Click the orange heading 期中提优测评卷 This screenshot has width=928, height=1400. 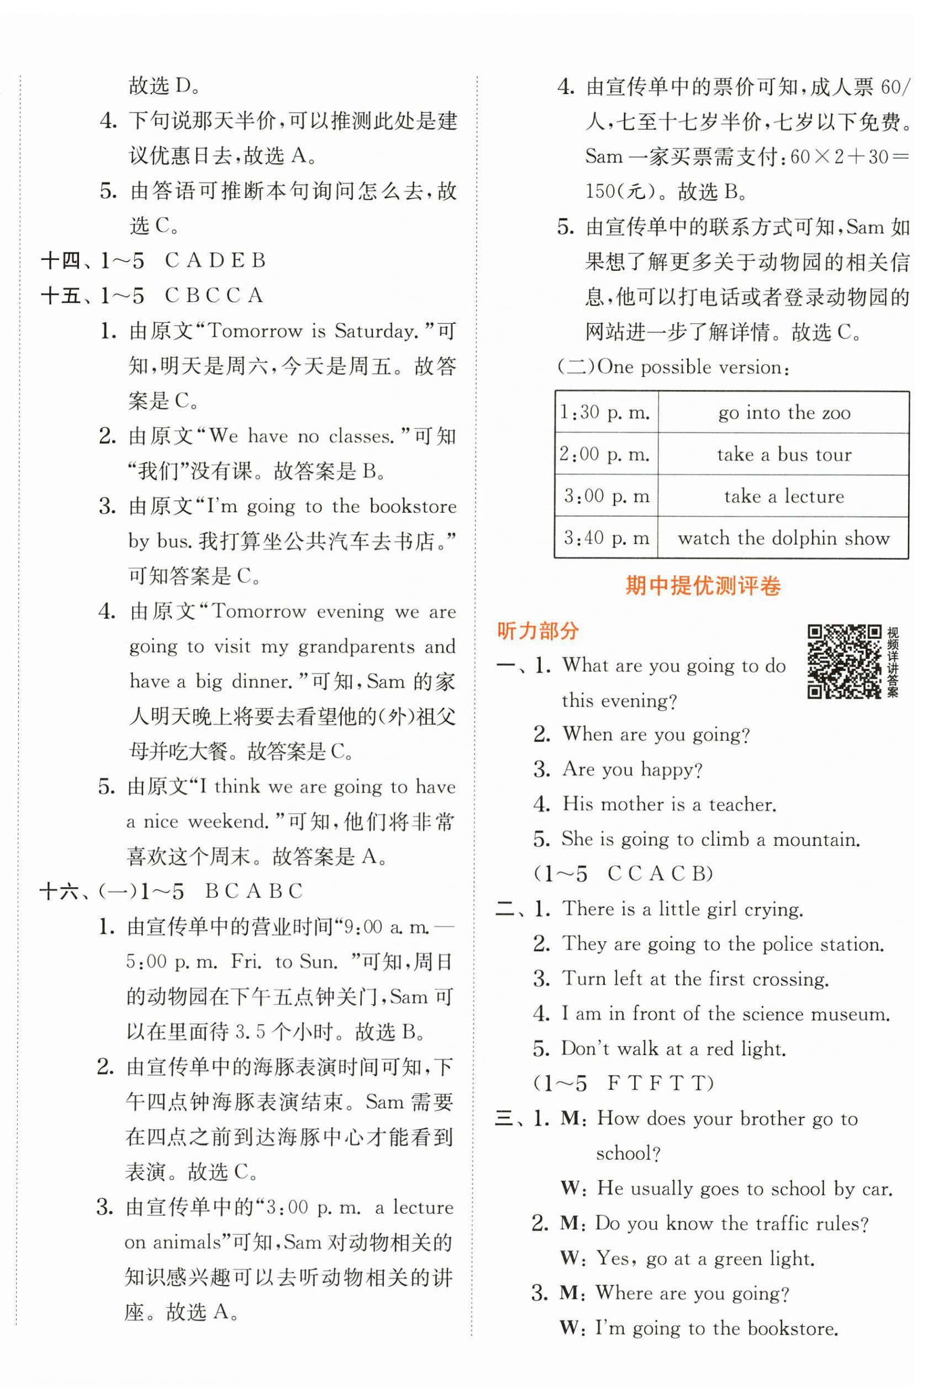[x=703, y=586]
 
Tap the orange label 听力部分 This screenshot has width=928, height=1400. [x=537, y=631]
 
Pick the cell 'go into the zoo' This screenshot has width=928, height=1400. [x=784, y=412]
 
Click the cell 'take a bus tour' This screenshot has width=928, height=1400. [x=784, y=454]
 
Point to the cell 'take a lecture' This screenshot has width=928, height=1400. [x=784, y=496]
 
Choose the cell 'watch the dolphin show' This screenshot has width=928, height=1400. [x=784, y=538]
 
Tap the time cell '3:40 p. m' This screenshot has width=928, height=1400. [x=606, y=538]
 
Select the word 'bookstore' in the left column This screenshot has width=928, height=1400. [x=413, y=506]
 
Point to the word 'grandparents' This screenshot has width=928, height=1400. [x=356, y=646]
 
